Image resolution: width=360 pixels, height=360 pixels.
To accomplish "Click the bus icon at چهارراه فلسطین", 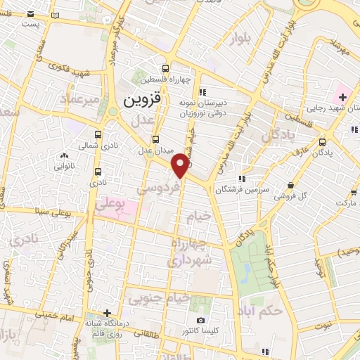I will click(165, 69).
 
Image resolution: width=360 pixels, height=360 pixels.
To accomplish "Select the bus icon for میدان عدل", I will click(155, 139).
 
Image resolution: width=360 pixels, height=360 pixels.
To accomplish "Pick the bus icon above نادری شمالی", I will click(97, 135).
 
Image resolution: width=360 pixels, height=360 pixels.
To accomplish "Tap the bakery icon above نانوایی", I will click(65, 156).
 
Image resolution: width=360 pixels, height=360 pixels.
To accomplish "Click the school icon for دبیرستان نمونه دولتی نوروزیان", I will click(202, 91).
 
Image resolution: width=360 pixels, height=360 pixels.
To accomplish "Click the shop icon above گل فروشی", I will click(290, 185).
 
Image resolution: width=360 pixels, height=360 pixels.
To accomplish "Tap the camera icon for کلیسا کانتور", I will click(201, 320).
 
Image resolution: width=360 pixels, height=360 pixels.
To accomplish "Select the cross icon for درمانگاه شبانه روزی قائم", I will click(106, 313).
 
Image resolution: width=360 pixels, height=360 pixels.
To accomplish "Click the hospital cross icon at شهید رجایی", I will click(342, 95).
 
